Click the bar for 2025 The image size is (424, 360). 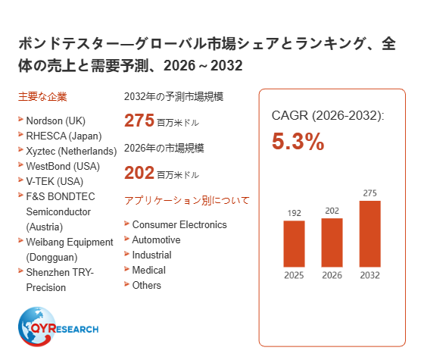coord(294,244)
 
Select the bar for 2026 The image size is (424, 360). coord(332,243)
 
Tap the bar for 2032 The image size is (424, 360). coord(370,234)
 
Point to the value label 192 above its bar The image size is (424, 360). coord(295,213)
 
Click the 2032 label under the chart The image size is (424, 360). coord(370,275)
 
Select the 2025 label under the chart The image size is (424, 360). coord(294,275)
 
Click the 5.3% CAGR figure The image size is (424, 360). coord(298,141)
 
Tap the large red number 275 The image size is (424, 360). coord(139,121)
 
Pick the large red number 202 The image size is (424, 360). coord(139,173)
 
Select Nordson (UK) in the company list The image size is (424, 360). coord(56,121)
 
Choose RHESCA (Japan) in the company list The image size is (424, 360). coord(64,136)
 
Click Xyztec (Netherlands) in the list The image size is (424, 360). coord(71,151)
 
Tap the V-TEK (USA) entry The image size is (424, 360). coord(55,181)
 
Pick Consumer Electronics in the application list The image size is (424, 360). coord(179,224)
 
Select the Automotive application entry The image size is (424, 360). coord(156,239)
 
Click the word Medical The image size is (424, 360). coord(149,270)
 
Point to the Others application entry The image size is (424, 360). coord(147,285)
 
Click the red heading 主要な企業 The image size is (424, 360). coord(42,97)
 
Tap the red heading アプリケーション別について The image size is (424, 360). coord(187,201)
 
